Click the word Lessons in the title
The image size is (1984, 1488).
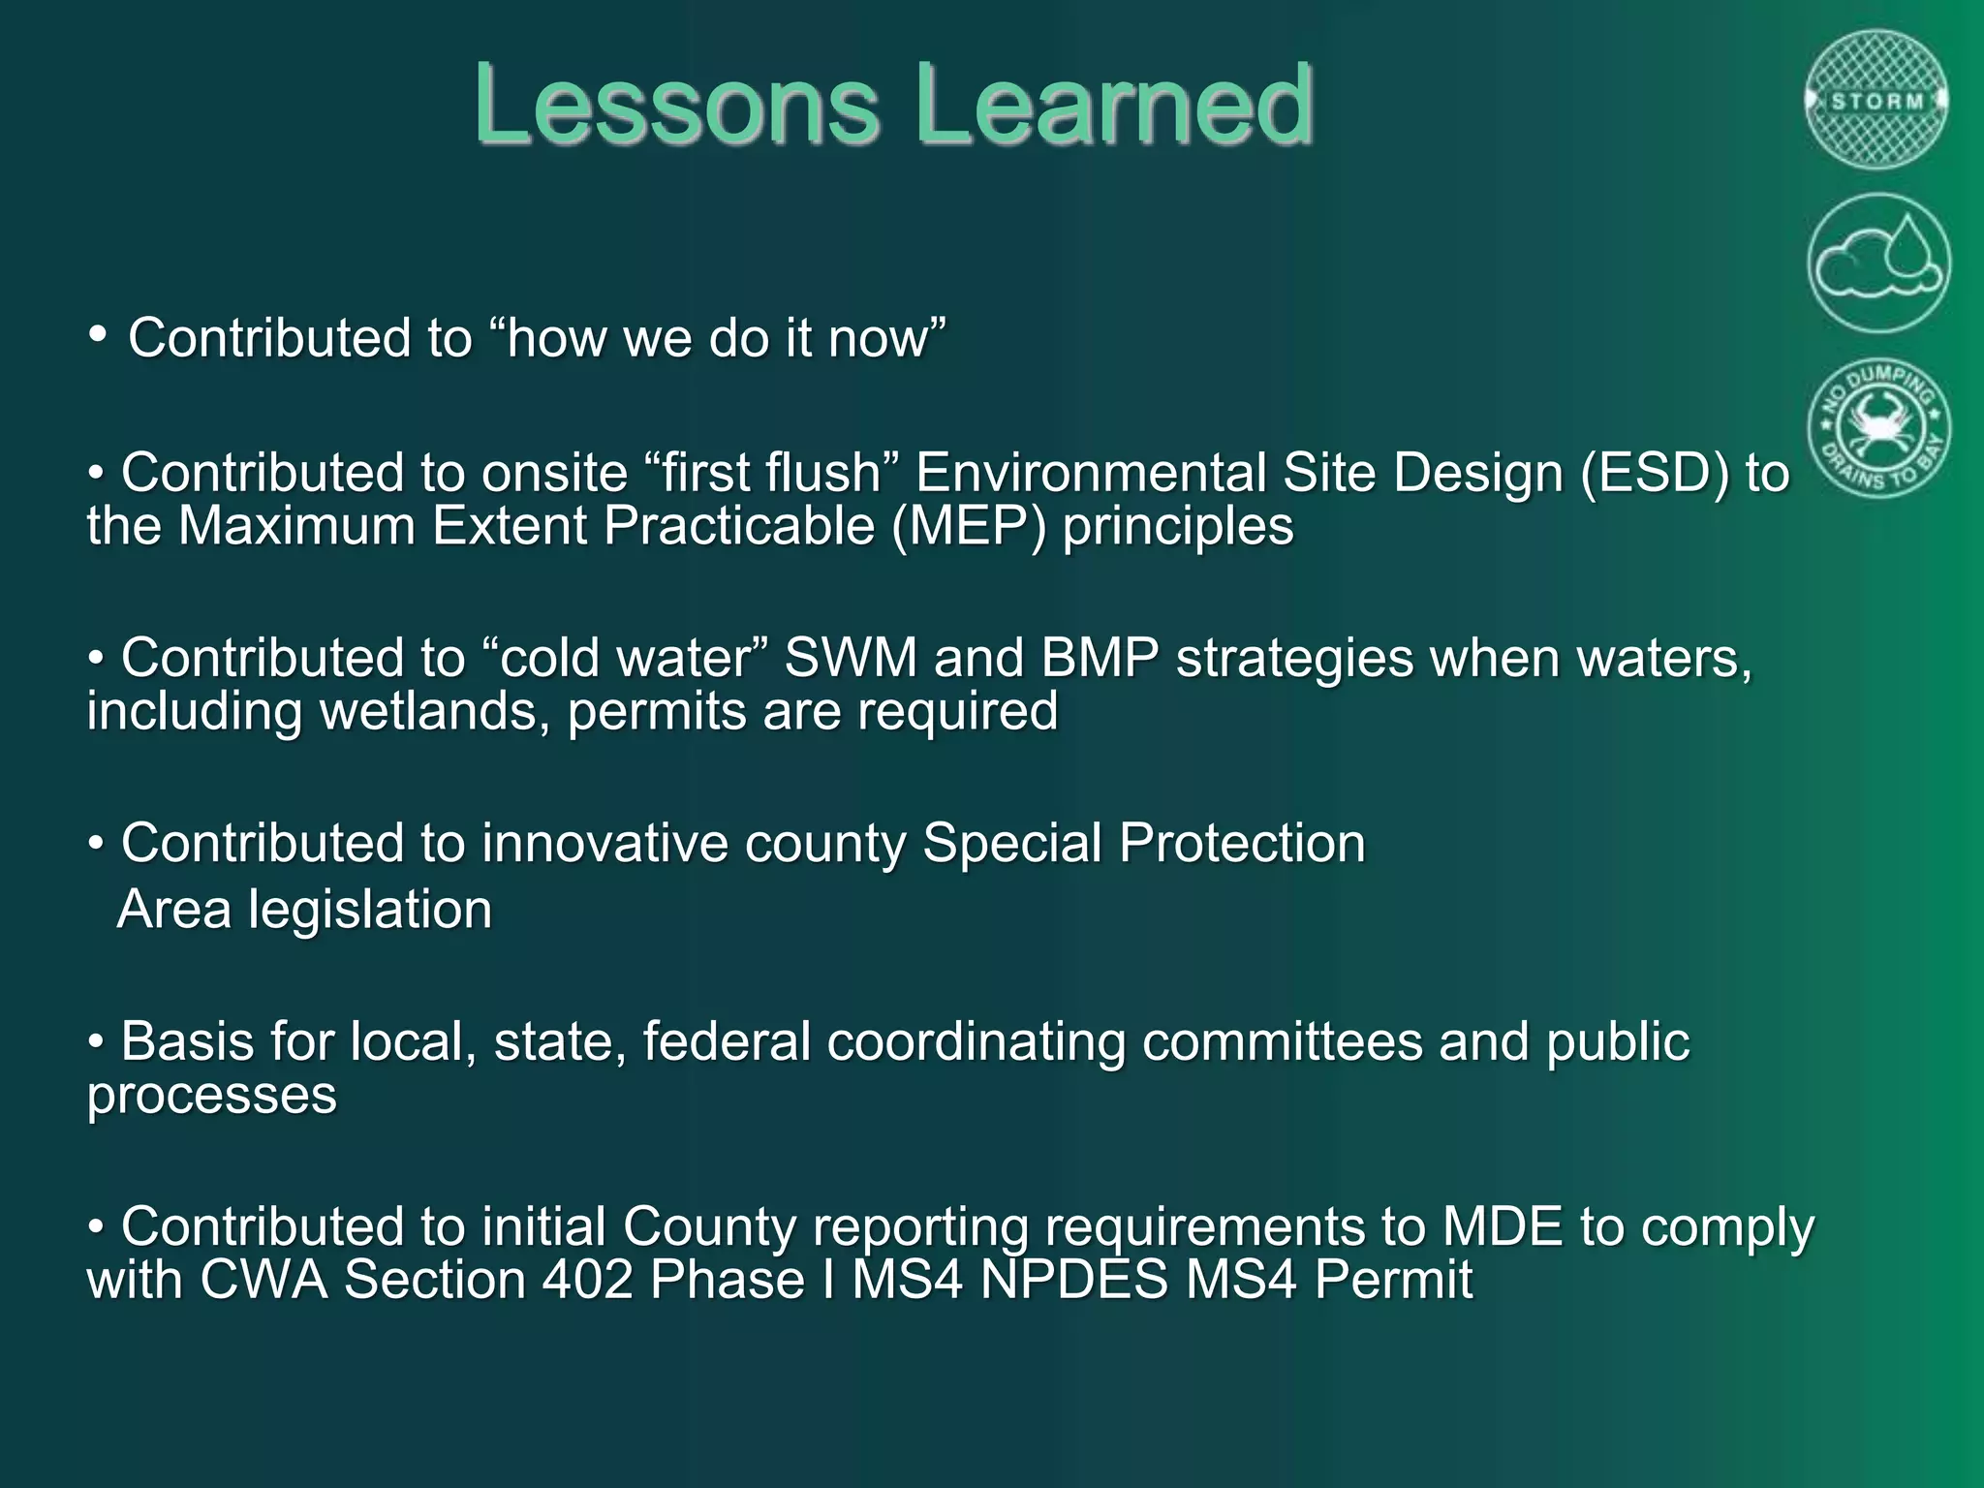pyautogui.click(x=676, y=105)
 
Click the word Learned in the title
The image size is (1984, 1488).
pyautogui.click(x=1114, y=105)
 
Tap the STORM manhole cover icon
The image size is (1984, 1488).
pyautogui.click(x=1877, y=101)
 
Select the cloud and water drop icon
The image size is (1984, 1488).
pyautogui.click(x=1878, y=263)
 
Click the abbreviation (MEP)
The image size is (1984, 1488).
pyautogui.click(x=969, y=527)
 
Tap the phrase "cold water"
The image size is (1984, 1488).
pyautogui.click(x=625, y=659)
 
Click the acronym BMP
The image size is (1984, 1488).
pyautogui.click(x=1100, y=659)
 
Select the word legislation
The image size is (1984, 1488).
pyautogui.click(x=370, y=911)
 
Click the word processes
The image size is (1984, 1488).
pyautogui.click(x=211, y=1096)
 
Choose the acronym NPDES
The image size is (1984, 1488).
pyautogui.click(x=1074, y=1280)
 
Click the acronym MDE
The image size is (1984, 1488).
pyautogui.click(x=1503, y=1226)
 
